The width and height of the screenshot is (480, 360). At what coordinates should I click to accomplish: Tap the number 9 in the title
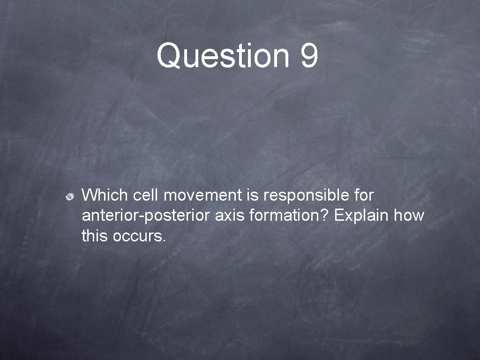coord(309,55)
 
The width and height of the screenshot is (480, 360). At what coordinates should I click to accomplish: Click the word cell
coord(144,195)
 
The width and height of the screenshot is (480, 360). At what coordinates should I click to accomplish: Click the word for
coord(364,195)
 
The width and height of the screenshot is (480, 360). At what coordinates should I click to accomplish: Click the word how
coord(409,216)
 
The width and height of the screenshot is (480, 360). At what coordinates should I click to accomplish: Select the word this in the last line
coord(95,236)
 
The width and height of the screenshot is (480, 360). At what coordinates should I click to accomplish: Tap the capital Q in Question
coord(169,56)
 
